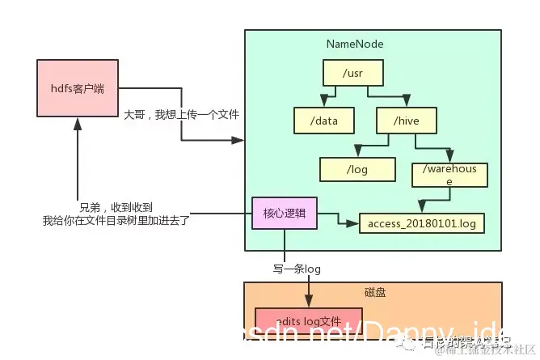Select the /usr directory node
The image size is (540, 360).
[353, 74]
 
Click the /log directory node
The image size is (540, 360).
[356, 169]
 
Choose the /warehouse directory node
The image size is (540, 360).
[450, 176]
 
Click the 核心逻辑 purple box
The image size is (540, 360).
[285, 214]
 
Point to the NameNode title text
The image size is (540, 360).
[355, 44]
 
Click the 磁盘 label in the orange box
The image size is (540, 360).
[375, 291]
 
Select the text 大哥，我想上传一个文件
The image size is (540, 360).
[182, 116]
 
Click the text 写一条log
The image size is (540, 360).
[296, 269]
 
